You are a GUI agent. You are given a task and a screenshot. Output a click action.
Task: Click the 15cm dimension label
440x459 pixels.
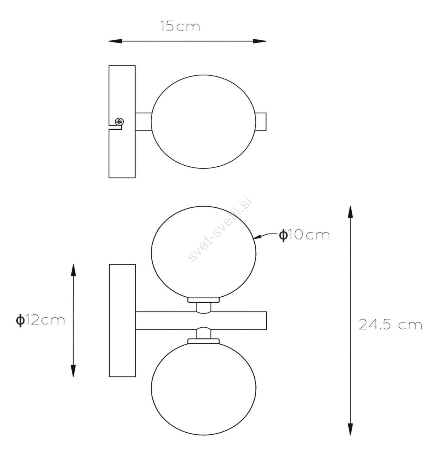tap(180, 26)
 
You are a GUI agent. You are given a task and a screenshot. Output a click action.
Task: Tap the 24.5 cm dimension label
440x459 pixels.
tap(390, 325)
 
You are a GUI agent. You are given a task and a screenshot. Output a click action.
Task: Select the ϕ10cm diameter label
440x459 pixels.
tap(305, 235)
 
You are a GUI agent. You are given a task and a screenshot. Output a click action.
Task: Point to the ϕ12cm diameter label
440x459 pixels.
tap(40, 320)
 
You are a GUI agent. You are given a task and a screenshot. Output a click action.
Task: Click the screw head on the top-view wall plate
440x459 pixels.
tap(119, 122)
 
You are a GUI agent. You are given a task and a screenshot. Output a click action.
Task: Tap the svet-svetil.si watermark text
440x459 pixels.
tap(220, 229)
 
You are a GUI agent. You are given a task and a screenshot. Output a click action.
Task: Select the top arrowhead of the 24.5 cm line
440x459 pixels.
tap(350, 212)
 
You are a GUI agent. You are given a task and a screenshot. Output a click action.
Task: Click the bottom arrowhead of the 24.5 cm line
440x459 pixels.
tap(350, 429)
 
